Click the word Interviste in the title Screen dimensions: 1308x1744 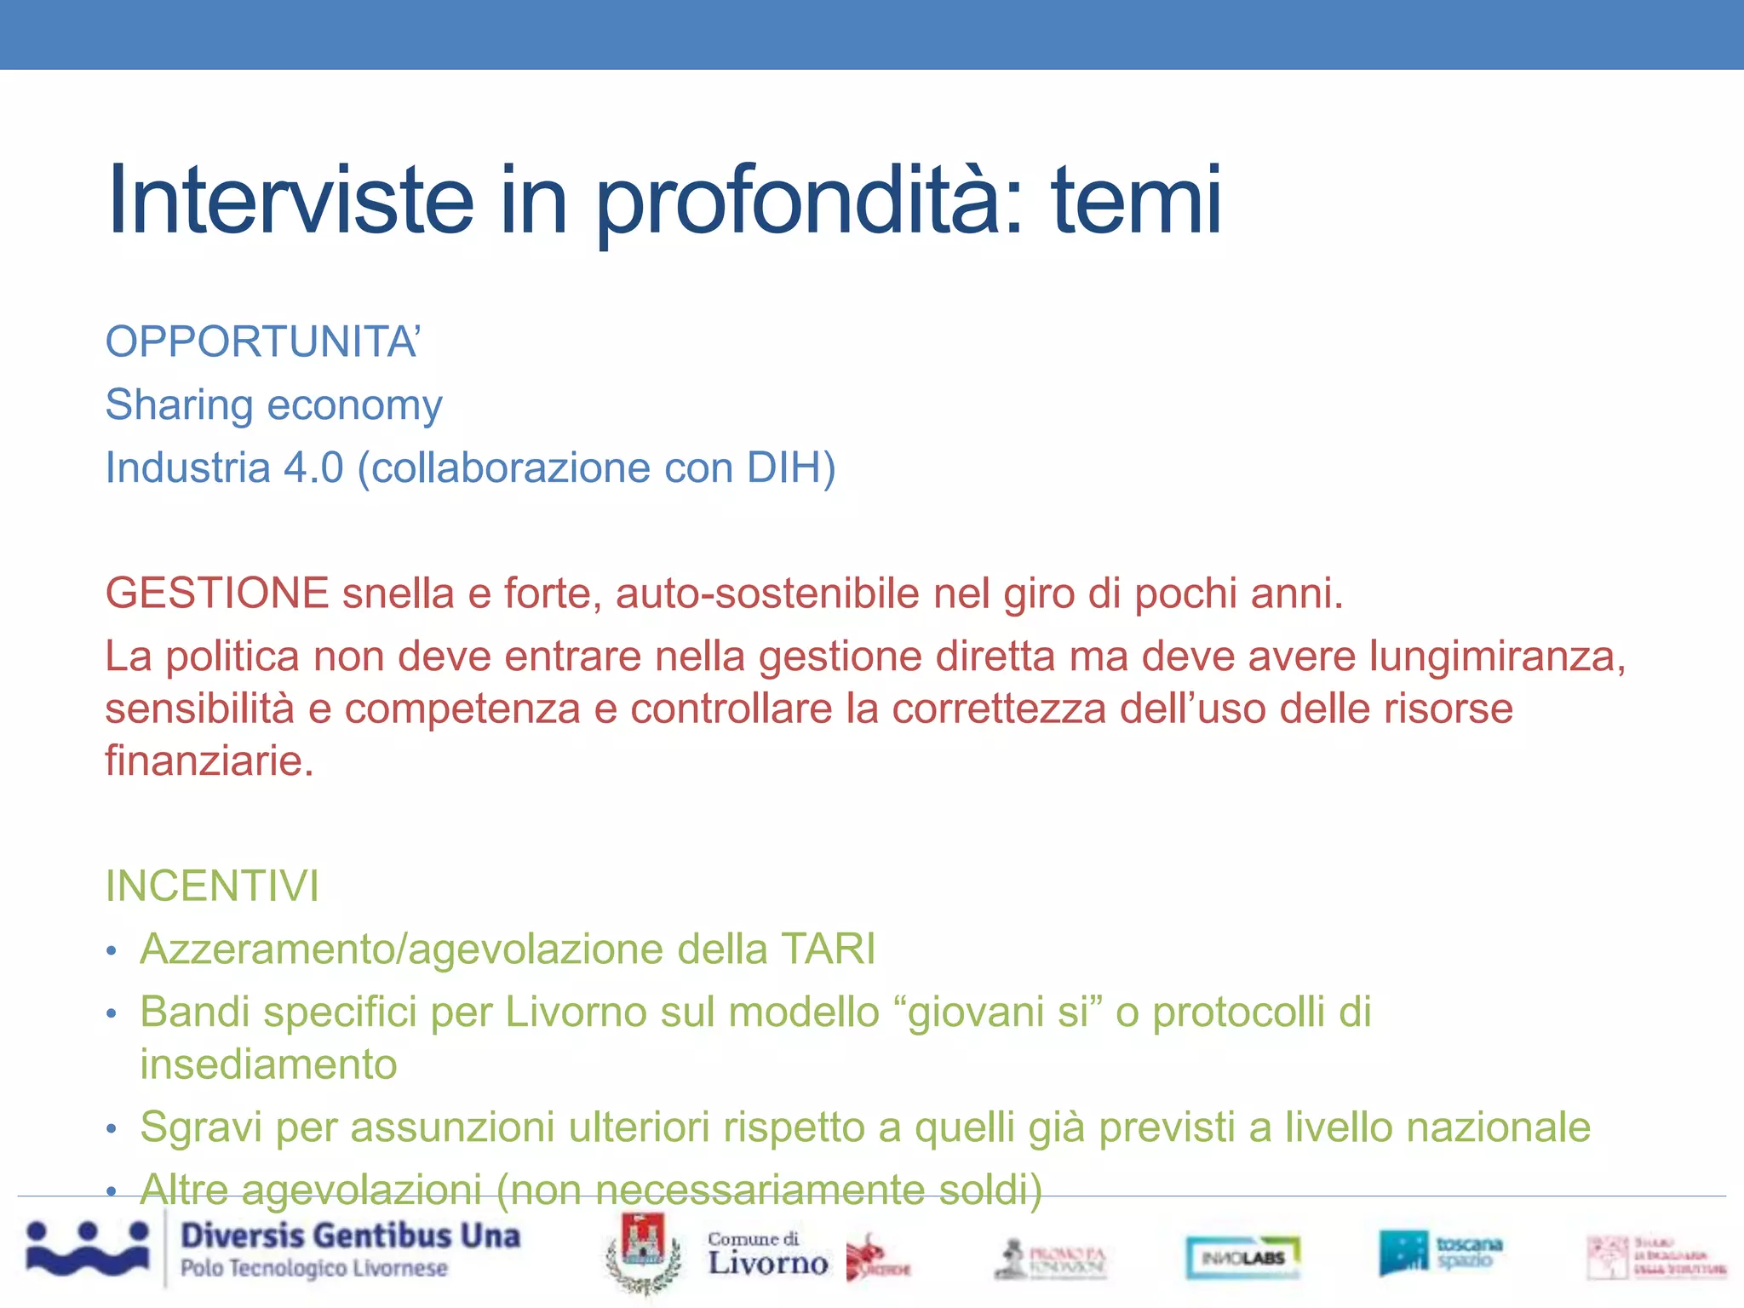click(290, 201)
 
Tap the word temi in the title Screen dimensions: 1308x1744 click(1136, 201)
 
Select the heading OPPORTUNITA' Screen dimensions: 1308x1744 click(262, 341)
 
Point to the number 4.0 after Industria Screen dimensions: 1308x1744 click(313, 468)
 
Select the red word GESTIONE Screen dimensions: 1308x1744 click(217, 593)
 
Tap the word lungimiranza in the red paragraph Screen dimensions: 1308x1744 click(1496, 656)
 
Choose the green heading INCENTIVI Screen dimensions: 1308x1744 click(212, 886)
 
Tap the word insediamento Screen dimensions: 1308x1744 click(268, 1064)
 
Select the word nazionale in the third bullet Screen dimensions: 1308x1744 click(1498, 1127)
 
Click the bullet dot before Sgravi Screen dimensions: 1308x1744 click(111, 1129)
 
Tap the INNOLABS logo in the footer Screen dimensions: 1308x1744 click(1242, 1257)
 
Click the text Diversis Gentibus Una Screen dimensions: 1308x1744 click(350, 1236)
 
